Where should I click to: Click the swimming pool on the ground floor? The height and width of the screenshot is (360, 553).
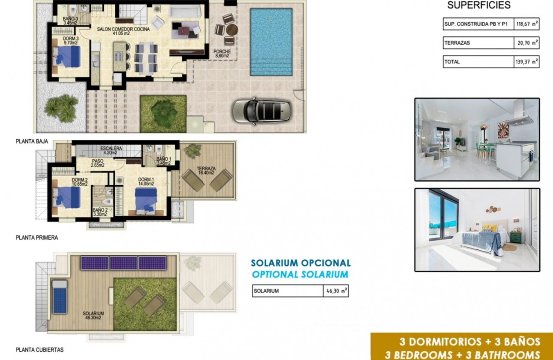tap(271, 42)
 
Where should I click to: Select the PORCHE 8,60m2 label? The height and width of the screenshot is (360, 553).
tap(222, 53)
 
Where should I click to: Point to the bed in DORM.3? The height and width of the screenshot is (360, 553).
tap(68, 57)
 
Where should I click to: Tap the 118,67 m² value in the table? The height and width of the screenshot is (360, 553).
tap(526, 24)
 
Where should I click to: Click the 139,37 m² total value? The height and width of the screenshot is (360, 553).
tap(526, 62)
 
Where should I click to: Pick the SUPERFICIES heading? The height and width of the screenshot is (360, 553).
tap(479, 5)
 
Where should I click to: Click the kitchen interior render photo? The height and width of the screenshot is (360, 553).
tap(477, 139)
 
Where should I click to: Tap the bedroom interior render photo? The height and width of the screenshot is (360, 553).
tap(477, 230)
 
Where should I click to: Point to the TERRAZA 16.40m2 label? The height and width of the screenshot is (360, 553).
tap(207, 171)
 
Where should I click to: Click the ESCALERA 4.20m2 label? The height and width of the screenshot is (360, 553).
tap(111, 150)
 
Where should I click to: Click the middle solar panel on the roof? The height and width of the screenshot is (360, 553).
tap(124, 263)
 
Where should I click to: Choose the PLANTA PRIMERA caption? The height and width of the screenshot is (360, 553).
tap(37, 237)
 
